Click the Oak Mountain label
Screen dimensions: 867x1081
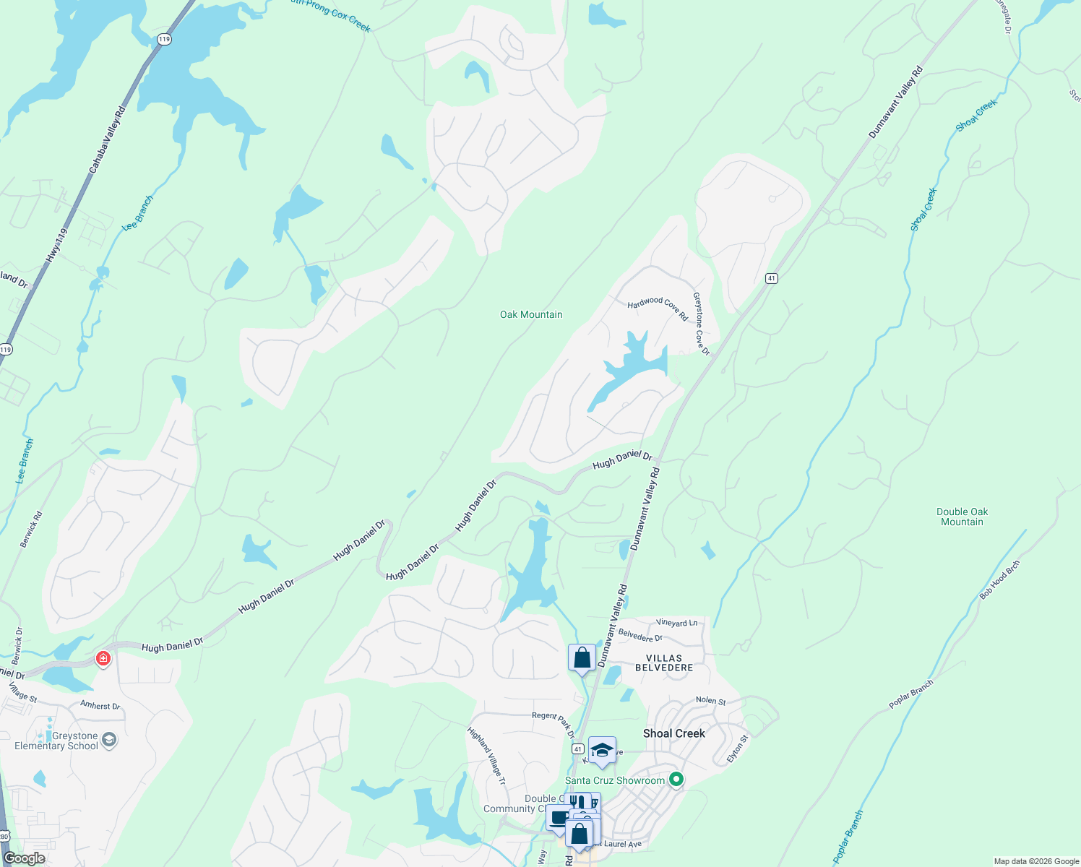[531, 314]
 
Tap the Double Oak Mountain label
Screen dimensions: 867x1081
[962, 517]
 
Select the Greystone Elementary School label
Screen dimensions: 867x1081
[56, 741]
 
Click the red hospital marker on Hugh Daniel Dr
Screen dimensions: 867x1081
[103, 658]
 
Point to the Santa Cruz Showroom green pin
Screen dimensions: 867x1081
[676, 779]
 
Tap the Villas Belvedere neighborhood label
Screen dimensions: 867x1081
[664, 663]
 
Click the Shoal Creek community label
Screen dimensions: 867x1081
[674, 733]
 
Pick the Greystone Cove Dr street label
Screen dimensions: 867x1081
[701, 323]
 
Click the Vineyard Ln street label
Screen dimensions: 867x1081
[677, 622]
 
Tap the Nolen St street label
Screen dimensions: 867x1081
[711, 700]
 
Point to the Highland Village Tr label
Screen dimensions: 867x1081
[486, 756]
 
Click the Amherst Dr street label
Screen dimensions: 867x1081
[100, 705]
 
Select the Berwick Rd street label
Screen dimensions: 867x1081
[32, 529]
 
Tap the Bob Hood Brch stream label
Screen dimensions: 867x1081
[1000, 579]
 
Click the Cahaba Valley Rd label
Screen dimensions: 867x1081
[107, 140]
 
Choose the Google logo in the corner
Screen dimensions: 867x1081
[25, 858]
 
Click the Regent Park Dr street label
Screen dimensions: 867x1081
[554, 723]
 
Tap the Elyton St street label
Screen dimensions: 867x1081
[738, 749]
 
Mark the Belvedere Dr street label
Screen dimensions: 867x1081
[640, 636]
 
